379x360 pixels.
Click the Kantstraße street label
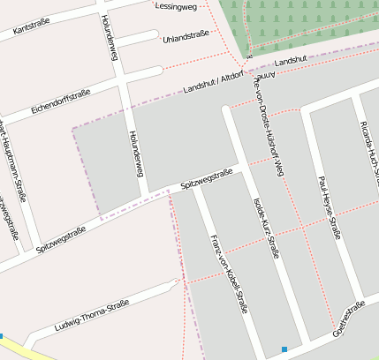point(32,26)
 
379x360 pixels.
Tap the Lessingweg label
point(174,6)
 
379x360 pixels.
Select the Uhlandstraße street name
point(186,38)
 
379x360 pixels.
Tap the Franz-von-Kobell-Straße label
point(229,274)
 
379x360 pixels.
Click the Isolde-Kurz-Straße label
point(266,227)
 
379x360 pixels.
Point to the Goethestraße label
point(348,321)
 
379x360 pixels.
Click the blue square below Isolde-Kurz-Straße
point(284,350)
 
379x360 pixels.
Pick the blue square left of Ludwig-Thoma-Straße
point(2,335)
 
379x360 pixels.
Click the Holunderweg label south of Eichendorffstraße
point(135,154)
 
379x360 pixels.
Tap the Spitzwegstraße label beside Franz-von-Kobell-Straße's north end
point(206,178)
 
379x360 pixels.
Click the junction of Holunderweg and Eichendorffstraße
point(124,81)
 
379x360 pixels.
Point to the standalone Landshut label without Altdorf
point(291,61)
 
